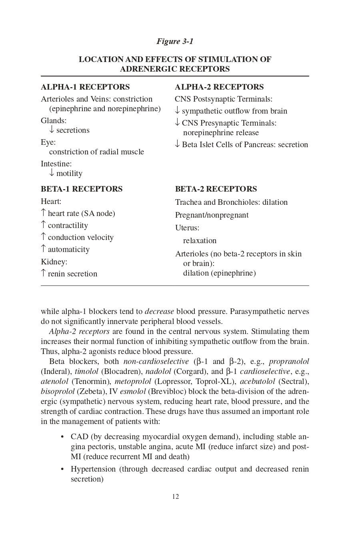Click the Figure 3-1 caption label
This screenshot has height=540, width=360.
pyautogui.click(x=175, y=41)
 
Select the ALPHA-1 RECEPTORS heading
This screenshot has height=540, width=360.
pyautogui.click(x=85, y=87)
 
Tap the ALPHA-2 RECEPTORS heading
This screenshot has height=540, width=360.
pyautogui.click(x=219, y=87)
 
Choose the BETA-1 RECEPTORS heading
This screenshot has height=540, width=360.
pyautogui.click(x=82, y=189)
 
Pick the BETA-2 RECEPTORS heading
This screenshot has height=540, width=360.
pyautogui.click(x=216, y=189)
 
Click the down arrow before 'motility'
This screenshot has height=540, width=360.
pyautogui.click(x=52, y=173)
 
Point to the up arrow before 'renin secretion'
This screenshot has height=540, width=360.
pyautogui.click(x=43, y=273)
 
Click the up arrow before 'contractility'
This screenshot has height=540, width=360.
pyautogui.click(x=43, y=225)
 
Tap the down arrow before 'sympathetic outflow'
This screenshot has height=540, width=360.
pyautogui.click(x=177, y=110)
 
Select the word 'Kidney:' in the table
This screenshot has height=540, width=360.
pyautogui.click(x=54, y=262)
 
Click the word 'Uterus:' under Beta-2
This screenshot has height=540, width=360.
pyautogui.click(x=187, y=228)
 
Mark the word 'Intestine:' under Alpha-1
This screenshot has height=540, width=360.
pyautogui.click(x=56, y=164)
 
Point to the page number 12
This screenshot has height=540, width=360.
pyautogui.click(x=176, y=496)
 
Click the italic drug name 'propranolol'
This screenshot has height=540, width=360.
pyautogui.click(x=289, y=362)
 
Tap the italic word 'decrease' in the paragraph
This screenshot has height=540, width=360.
pyautogui.click(x=159, y=311)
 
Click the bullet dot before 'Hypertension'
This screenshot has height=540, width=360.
pyautogui.click(x=62, y=469)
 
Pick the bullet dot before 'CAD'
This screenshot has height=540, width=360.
pyautogui.click(x=62, y=436)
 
